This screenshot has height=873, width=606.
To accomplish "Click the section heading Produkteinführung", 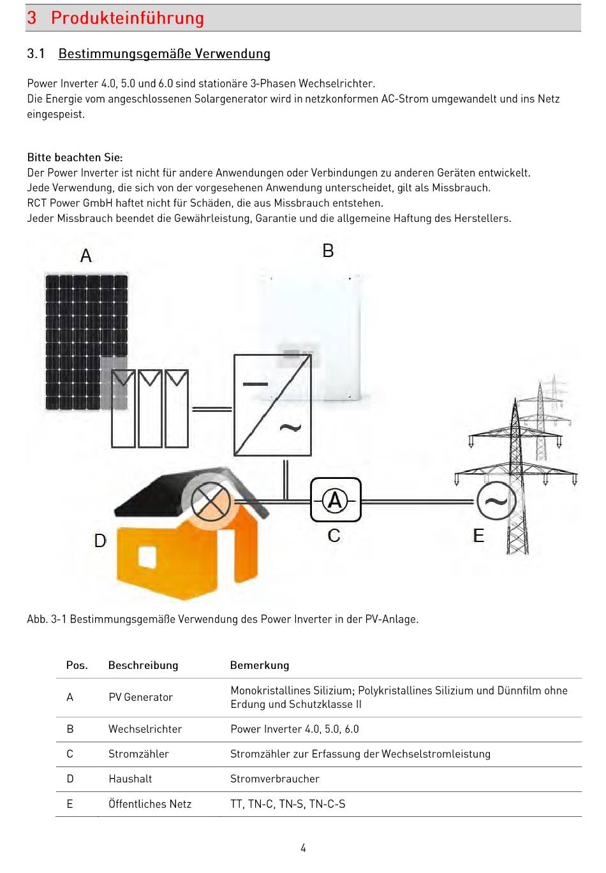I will tap(127, 18).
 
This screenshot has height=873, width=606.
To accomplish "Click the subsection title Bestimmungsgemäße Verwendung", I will tap(164, 54).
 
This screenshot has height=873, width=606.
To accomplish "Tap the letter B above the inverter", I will tap(328, 251).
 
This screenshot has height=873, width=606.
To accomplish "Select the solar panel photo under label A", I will tap(85, 341).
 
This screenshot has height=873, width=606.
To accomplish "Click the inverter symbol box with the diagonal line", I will tap(272, 405).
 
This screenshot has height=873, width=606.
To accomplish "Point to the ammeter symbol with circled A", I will tap(336, 501).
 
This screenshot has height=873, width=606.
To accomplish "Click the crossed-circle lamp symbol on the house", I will tap(211, 501).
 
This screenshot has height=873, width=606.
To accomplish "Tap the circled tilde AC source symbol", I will tap(496, 501).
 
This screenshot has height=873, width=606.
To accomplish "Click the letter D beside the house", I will tap(100, 541).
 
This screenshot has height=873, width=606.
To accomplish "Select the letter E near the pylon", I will tap(478, 536).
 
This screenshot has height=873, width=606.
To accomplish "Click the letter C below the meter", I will tap(334, 536).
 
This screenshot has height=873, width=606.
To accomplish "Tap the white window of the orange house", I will tap(147, 557).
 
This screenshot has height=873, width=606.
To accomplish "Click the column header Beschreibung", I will tap(143, 665).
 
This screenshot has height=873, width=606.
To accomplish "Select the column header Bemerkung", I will tap(260, 665).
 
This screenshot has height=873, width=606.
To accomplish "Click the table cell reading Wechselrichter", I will tap(145, 729).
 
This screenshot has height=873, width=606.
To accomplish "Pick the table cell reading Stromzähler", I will tap(138, 754).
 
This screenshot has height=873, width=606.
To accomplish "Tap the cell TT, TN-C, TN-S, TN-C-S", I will tap(288, 804).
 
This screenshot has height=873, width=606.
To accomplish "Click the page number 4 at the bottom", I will tap(303, 847).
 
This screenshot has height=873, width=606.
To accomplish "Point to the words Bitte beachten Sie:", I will tap(75, 157).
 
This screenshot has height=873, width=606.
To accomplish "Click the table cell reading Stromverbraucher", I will tap(274, 779).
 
